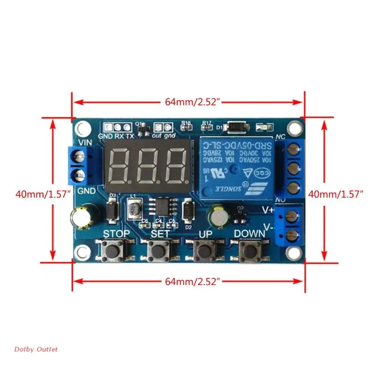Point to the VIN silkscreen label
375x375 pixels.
84,142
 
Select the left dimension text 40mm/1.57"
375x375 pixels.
43,193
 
